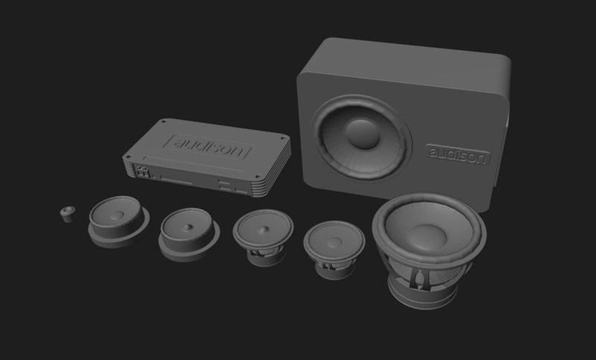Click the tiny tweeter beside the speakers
(68, 213)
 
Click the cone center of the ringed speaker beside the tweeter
(119, 215)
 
